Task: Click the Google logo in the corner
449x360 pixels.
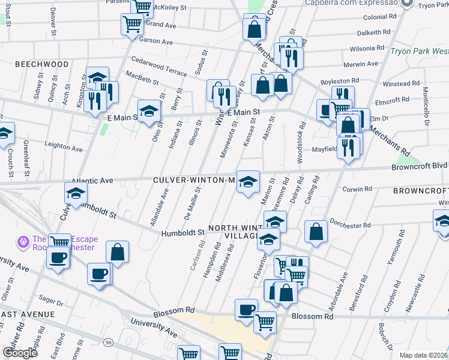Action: point(20,353)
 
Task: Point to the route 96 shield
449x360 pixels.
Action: point(108,342)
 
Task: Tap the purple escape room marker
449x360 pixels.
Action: point(23,242)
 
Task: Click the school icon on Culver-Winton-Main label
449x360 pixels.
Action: point(247,181)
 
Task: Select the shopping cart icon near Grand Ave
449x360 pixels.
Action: point(132,25)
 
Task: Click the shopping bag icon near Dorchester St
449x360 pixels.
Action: point(316,232)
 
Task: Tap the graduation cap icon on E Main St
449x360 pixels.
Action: point(149,110)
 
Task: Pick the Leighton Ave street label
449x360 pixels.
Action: point(65,146)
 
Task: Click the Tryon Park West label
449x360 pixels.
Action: point(419,51)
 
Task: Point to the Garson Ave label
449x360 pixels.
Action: point(155,41)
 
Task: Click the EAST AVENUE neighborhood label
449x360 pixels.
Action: point(27,314)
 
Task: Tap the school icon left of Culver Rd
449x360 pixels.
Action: point(76,193)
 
